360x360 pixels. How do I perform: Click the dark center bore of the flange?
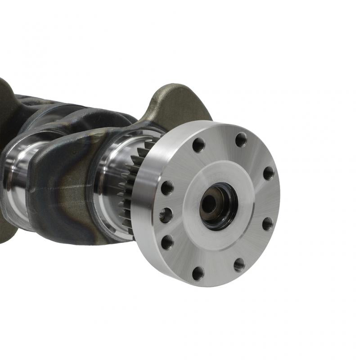tap(218, 205)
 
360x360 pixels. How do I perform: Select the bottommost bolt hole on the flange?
tap(198, 273)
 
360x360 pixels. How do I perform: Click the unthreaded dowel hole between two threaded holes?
tap(166, 215)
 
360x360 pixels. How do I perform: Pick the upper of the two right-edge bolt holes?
tap(268, 173)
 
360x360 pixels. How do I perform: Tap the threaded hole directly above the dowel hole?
tap(167, 187)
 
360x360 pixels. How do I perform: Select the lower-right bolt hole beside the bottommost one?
tap(239, 264)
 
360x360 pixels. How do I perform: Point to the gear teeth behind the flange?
tap(130, 189)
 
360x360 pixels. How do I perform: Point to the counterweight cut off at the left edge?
tap(5, 103)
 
